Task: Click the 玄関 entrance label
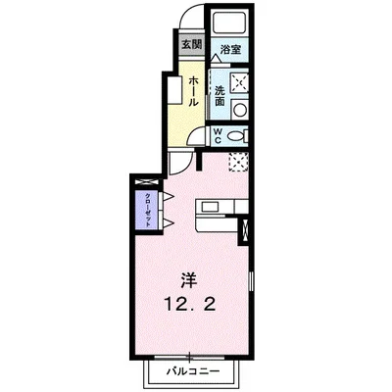[x=191, y=45]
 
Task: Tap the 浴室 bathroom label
[x=230, y=49]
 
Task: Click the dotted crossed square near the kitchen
[x=238, y=164]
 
